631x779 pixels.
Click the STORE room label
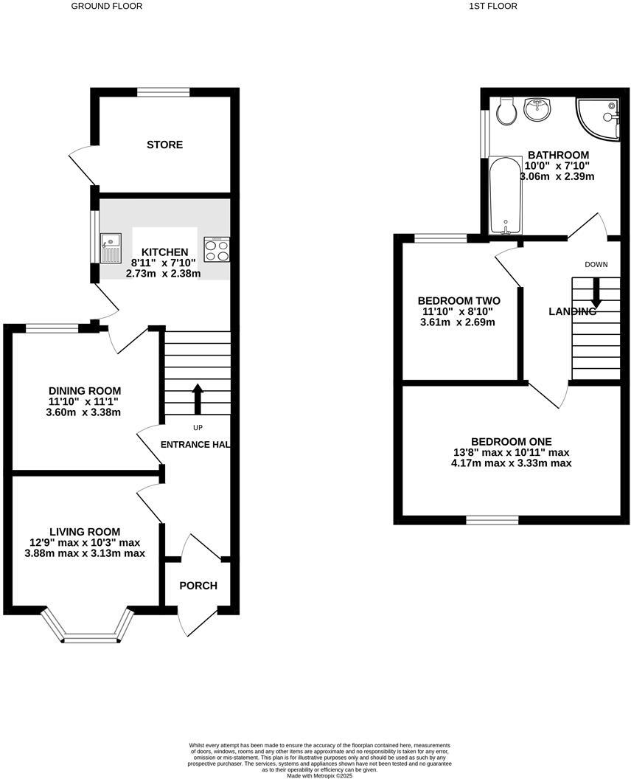point(164,145)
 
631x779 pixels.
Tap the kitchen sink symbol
point(111,247)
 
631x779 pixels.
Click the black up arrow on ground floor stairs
point(197,398)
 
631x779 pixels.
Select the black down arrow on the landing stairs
point(596,293)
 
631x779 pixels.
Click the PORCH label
point(199,586)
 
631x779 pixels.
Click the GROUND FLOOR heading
point(107,6)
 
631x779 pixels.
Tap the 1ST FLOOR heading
point(493,6)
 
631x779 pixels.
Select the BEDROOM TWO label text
point(459,301)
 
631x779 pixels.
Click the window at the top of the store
point(163,92)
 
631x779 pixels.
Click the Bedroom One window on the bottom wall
point(492,519)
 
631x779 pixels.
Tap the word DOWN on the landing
point(596,264)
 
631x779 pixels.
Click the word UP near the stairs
point(198,428)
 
